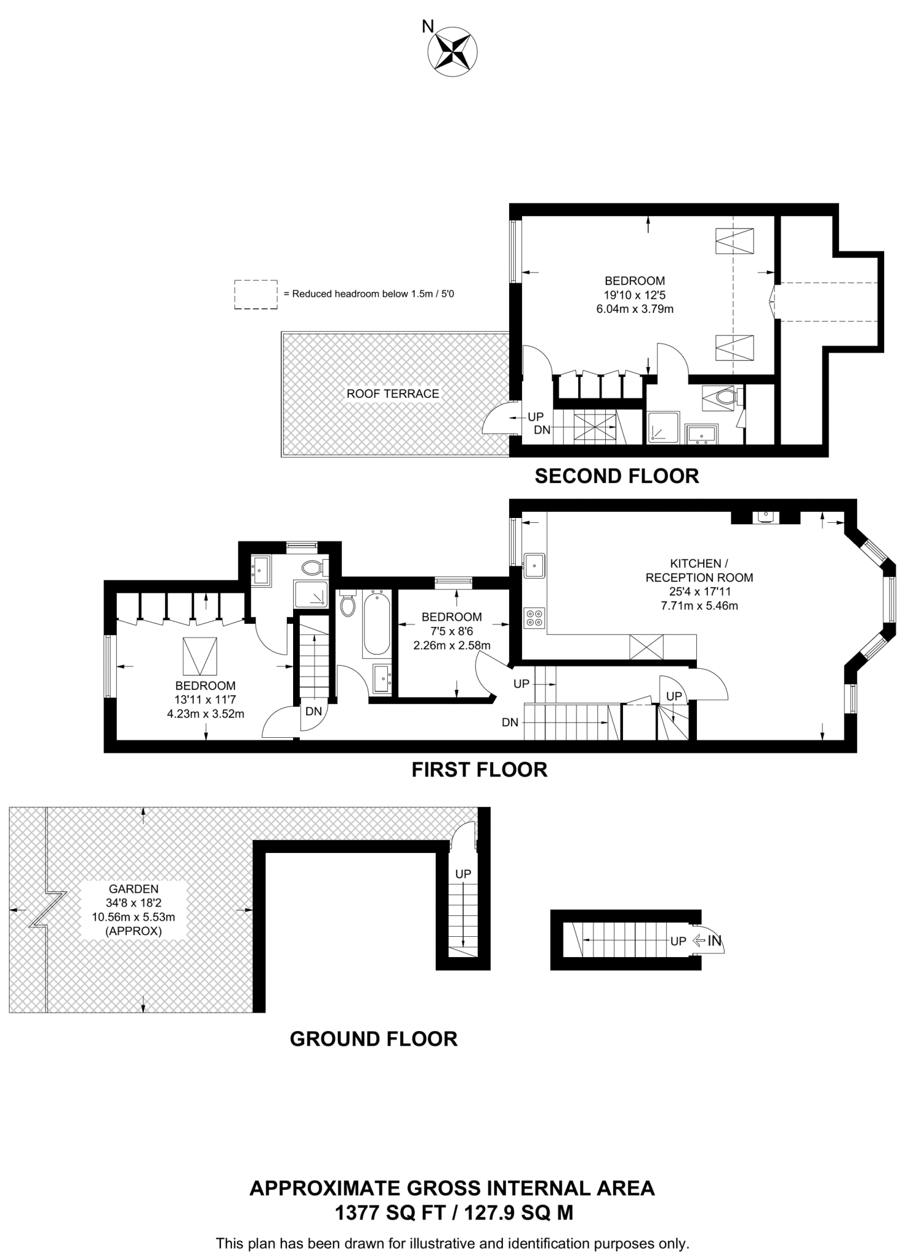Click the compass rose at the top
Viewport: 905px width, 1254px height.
(452, 53)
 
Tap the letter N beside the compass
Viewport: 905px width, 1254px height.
(428, 26)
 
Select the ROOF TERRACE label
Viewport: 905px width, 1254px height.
(393, 394)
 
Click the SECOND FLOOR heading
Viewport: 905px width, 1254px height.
(617, 476)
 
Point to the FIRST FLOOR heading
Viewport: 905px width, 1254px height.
(479, 769)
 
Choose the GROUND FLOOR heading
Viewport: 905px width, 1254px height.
(373, 1038)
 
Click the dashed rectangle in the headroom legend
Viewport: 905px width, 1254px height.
(256, 295)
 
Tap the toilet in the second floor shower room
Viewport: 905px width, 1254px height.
(723, 397)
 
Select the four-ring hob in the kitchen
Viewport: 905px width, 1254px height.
(534, 618)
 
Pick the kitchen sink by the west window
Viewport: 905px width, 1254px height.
(534, 565)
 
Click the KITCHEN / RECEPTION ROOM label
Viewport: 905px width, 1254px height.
(699, 570)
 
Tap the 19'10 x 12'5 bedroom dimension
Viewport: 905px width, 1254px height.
(635, 295)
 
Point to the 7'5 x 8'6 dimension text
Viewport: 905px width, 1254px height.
(452, 631)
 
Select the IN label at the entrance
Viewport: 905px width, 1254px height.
(715, 940)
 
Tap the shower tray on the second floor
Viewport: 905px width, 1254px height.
(663, 427)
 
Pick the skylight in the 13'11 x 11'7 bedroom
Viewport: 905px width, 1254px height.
(200, 656)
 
